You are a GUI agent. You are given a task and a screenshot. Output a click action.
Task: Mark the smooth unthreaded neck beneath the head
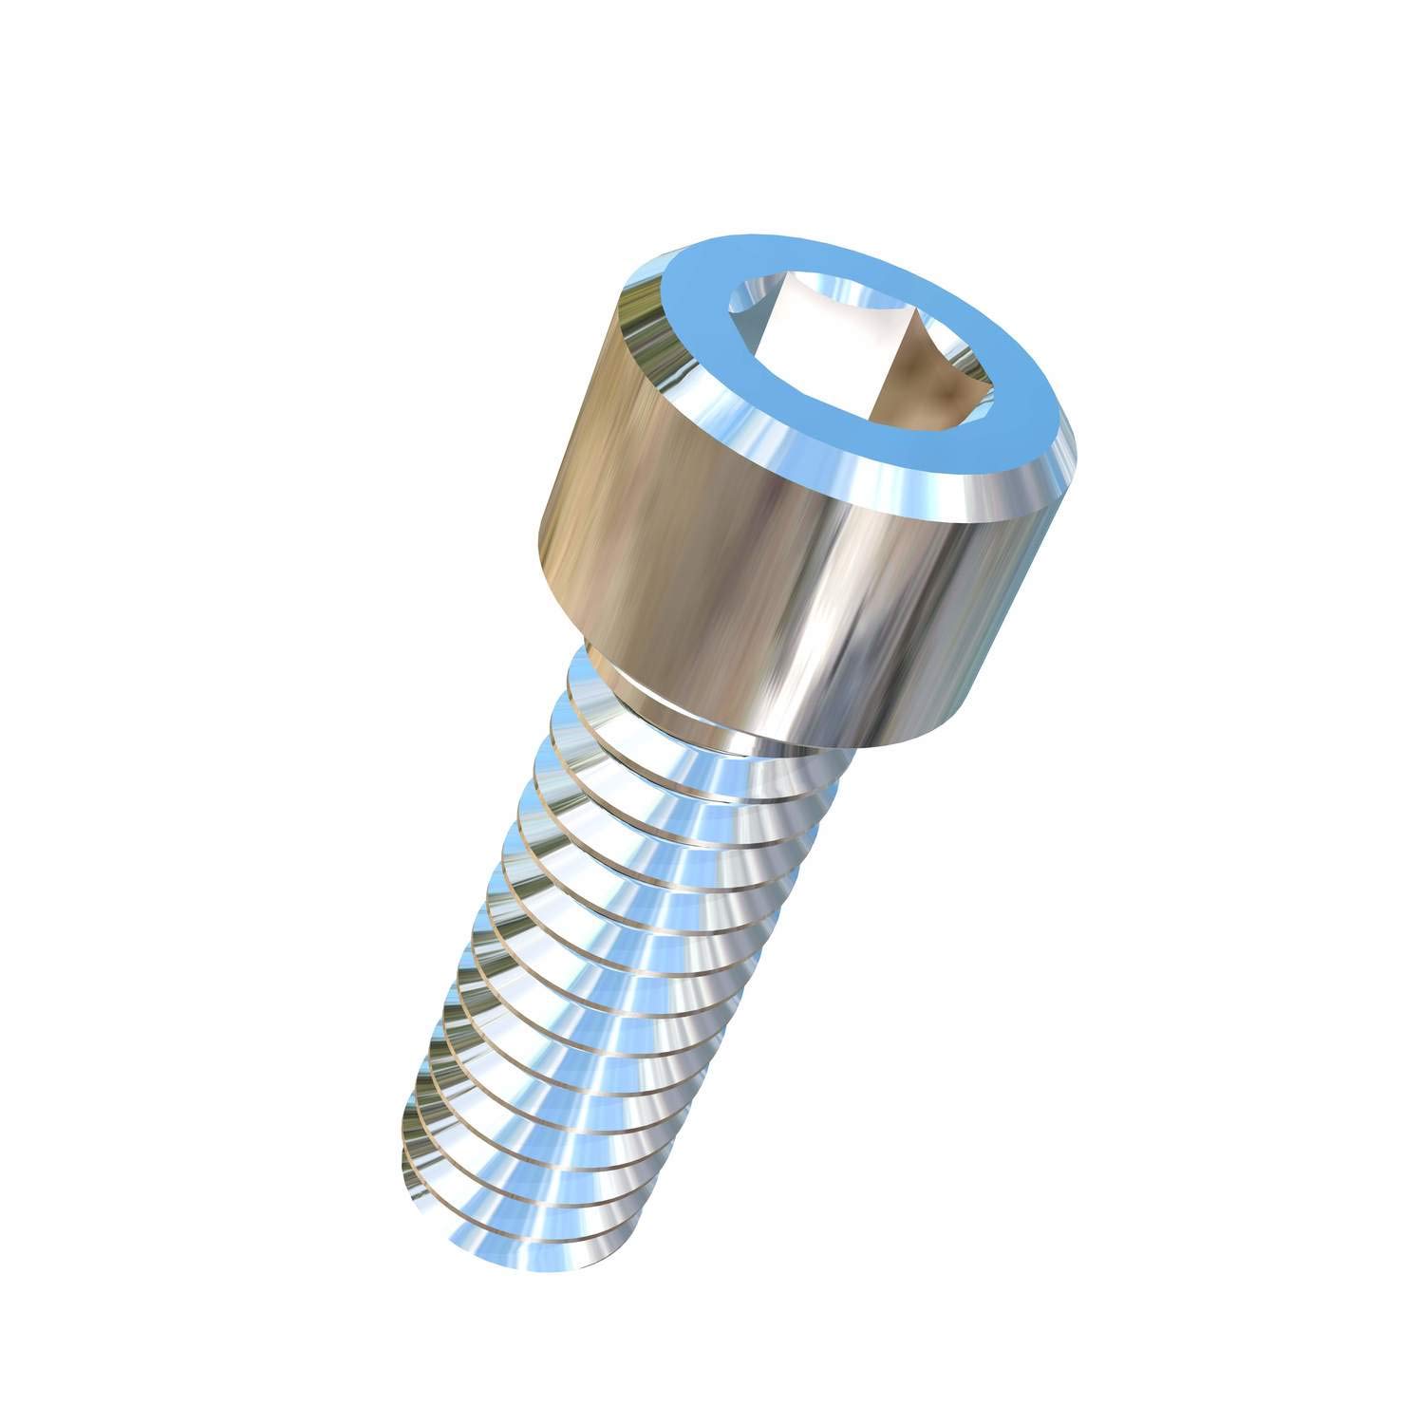pos(608,665)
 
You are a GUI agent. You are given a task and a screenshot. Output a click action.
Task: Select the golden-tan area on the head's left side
pos(608,475)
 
